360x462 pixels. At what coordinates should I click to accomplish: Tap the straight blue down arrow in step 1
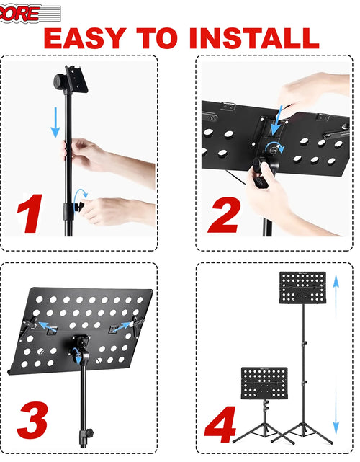pyautogui.click(x=55, y=122)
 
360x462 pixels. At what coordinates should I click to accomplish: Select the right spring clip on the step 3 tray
pyautogui.click(x=134, y=328)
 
